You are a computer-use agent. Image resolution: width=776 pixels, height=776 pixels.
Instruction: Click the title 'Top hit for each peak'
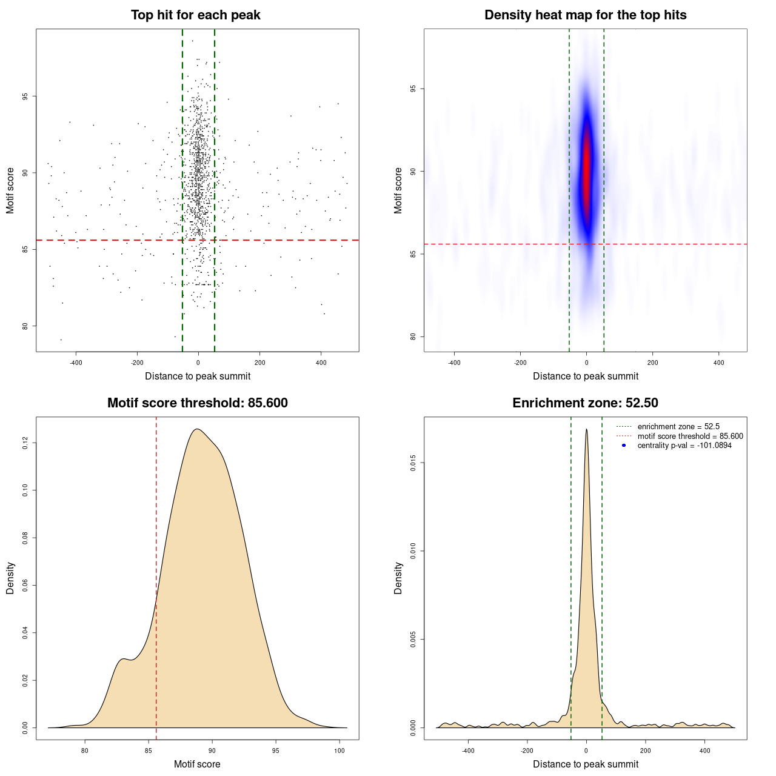pos(195,15)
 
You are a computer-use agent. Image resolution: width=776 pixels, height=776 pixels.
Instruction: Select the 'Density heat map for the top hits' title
pos(585,15)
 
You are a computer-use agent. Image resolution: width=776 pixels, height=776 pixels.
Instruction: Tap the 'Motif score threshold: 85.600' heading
pos(197,403)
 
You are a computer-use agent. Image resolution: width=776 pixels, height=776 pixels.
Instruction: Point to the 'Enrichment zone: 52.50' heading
pos(585,403)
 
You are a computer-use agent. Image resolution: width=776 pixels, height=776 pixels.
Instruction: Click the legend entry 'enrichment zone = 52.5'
pos(678,427)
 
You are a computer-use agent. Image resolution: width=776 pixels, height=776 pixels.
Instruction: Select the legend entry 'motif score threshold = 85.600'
pos(690,436)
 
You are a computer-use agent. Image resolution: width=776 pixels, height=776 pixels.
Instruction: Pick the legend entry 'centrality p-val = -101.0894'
pos(684,446)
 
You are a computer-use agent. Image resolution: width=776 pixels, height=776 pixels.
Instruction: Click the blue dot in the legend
pos(624,446)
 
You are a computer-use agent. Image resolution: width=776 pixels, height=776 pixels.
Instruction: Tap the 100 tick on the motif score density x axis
pos(339,751)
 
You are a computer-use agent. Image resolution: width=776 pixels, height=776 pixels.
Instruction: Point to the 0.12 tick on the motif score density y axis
pos(25,443)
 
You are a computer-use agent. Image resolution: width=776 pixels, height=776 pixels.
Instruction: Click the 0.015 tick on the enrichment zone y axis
pos(413,463)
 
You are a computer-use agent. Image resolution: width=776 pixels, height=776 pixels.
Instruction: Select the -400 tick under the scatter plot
pos(76,363)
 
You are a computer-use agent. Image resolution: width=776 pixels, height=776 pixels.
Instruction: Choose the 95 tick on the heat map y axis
pos(413,89)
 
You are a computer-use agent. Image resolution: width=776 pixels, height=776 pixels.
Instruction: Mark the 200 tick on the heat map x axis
pos(652,363)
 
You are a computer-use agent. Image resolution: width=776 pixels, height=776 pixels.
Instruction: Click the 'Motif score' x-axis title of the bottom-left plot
pos(197,764)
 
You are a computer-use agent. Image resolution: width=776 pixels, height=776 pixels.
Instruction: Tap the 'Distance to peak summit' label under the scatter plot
pos(198,376)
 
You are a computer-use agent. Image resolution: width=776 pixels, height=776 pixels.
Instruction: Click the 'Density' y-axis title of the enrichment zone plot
pos(398,578)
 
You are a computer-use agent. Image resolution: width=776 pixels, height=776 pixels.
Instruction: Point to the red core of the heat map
pos(586,173)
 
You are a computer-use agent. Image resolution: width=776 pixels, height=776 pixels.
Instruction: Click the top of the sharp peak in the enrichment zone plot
pos(586,430)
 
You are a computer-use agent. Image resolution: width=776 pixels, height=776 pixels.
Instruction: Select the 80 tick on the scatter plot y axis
pos(25,326)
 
